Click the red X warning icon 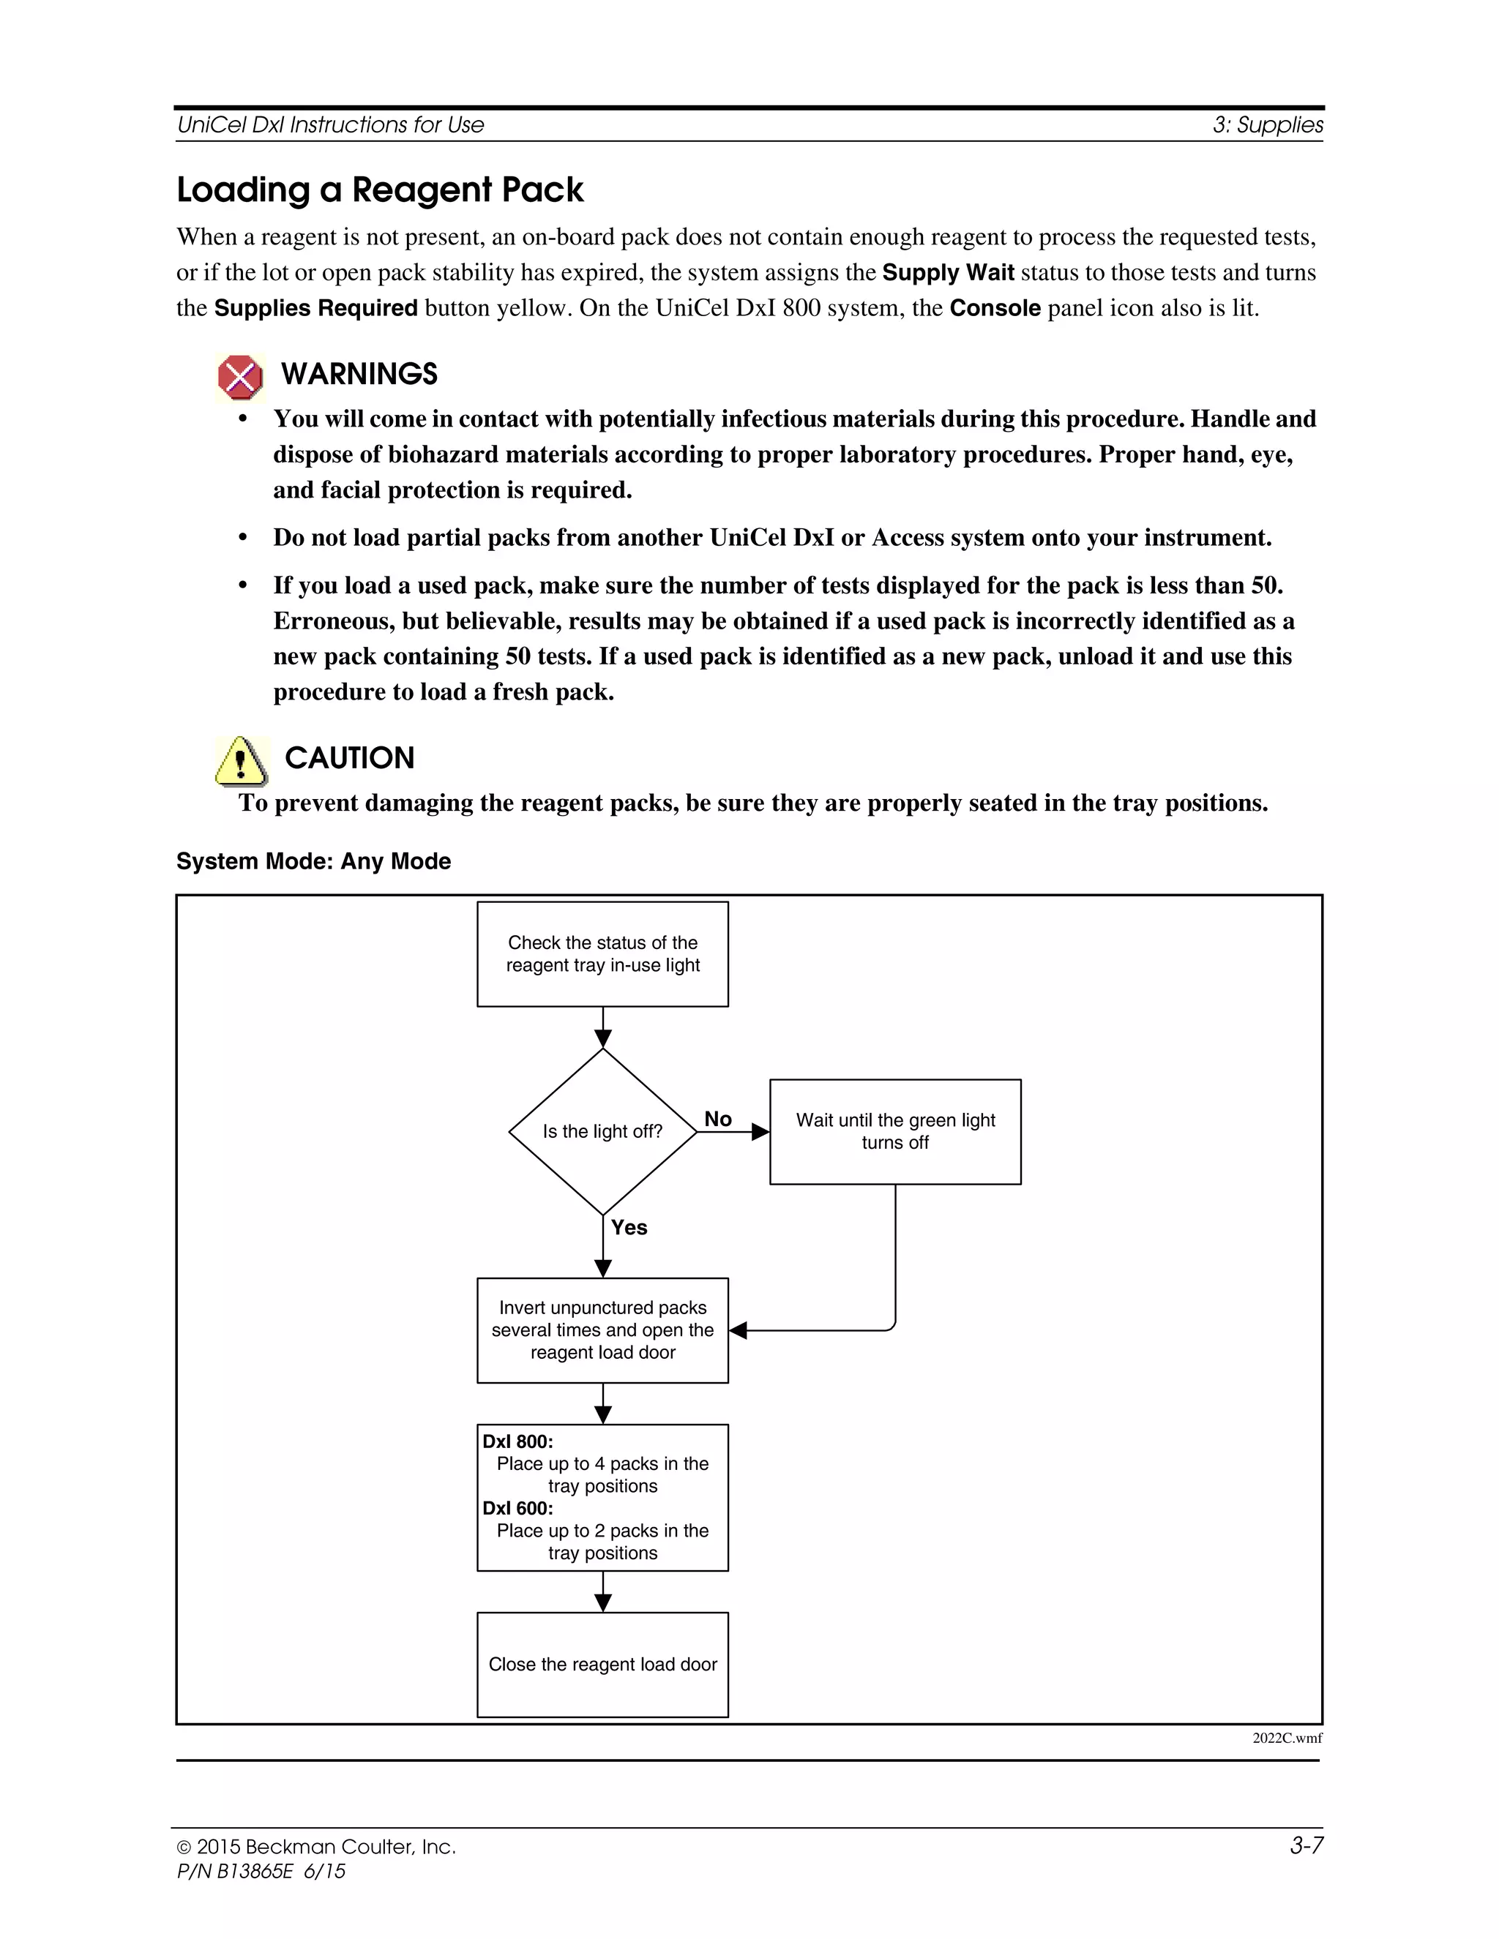[240, 378]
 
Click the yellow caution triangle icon [241, 761]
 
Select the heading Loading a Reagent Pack [379, 190]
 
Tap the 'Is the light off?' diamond [602, 1131]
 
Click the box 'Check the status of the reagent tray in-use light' [602, 953]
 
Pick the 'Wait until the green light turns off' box [894, 1131]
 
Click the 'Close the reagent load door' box [602, 1664]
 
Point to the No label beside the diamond [717, 1119]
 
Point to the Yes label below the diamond [629, 1227]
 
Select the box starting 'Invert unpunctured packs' [602, 1330]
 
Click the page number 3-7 [1306, 1846]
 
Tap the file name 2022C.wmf [1286, 1738]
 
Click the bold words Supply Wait [948, 273]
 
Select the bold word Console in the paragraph [995, 308]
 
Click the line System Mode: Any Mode [313, 861]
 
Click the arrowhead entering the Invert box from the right [738, 1330]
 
